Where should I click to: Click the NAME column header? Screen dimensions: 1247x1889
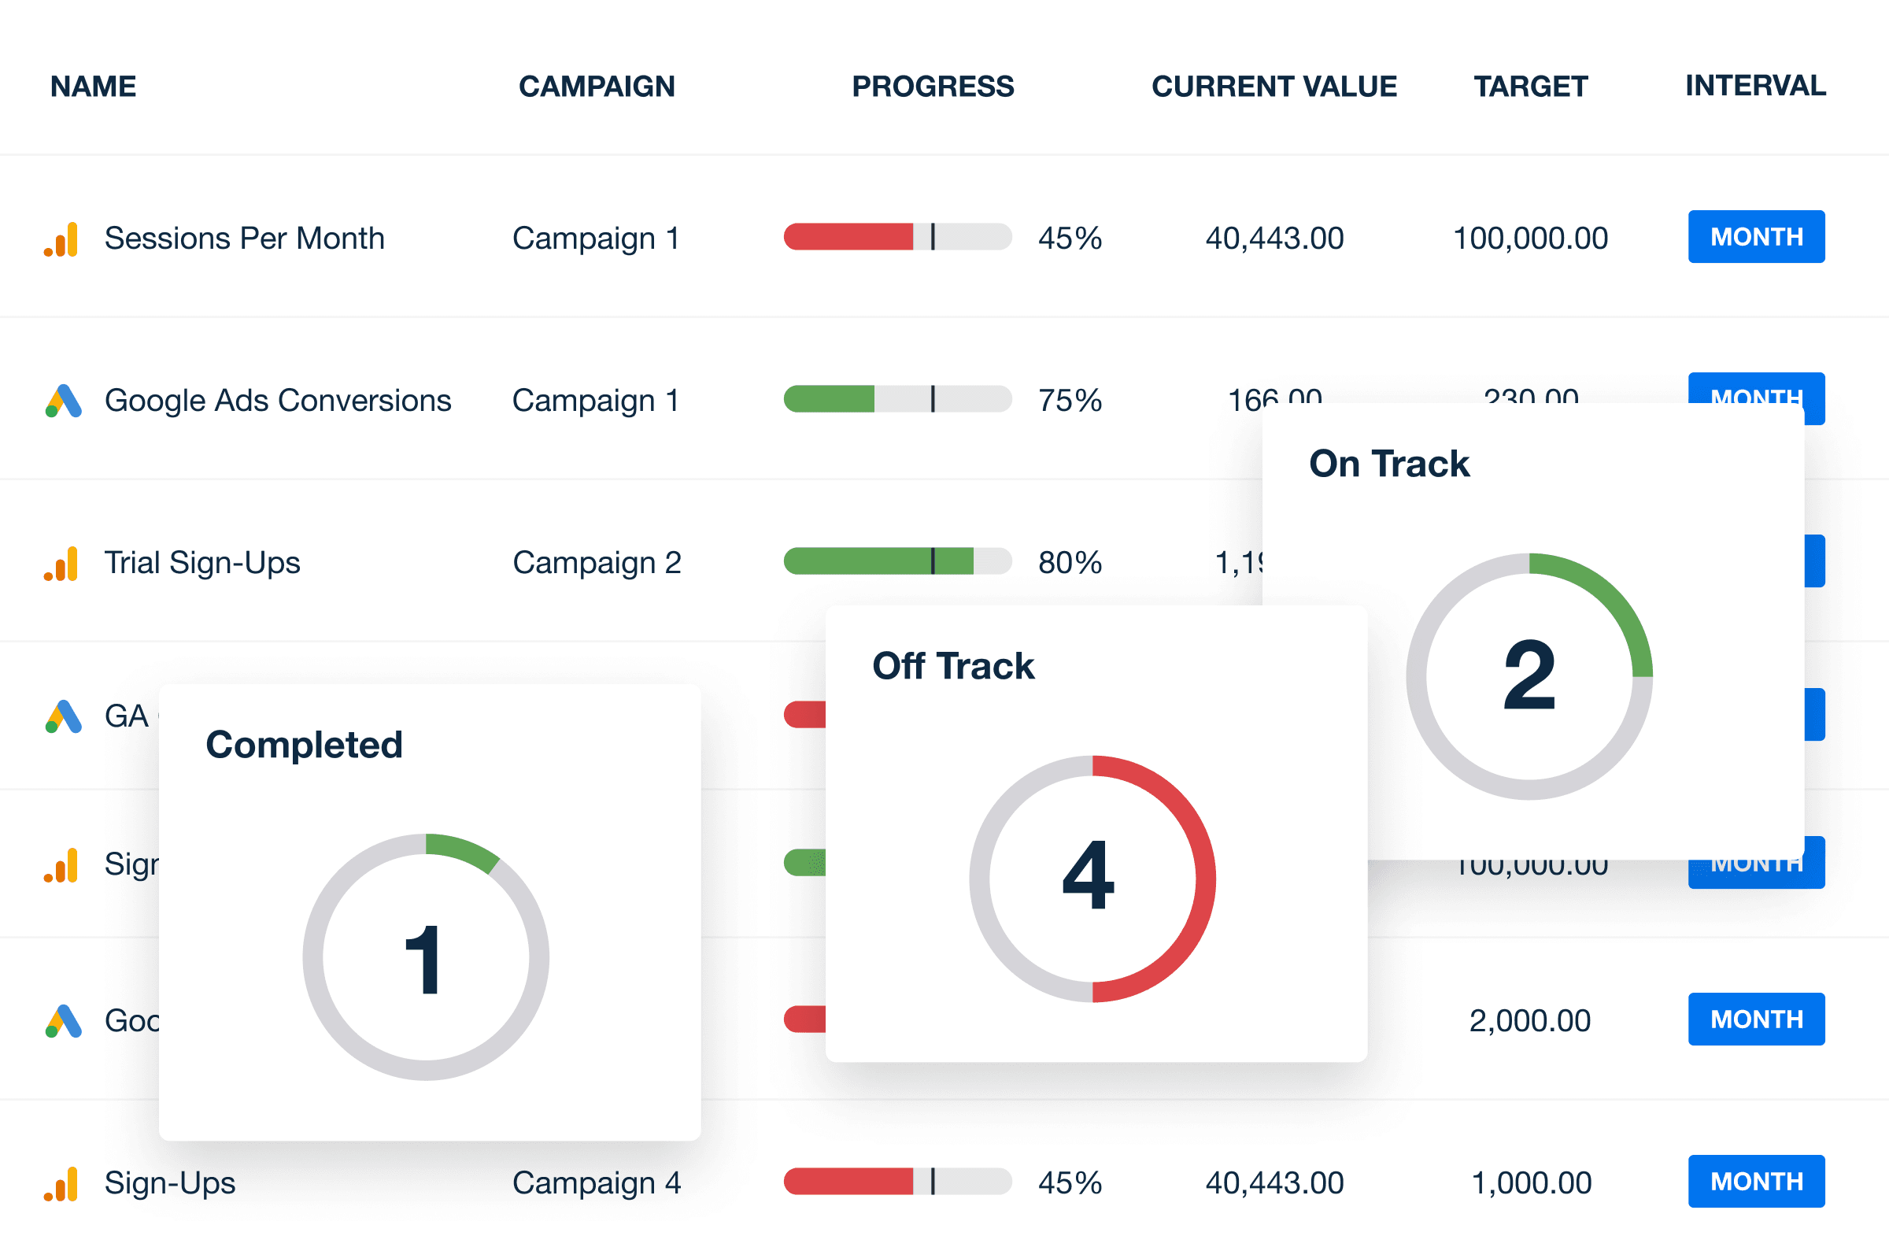pyautogui.click(x=93, y=86)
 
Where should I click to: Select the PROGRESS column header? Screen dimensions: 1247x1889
pyautogui.click(x=933, y=86)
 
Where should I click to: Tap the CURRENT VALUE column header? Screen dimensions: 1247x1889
pyautogui.click(x=1274, y=86)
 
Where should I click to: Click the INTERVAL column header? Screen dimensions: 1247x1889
pyautogui.click(x=1755, y=85)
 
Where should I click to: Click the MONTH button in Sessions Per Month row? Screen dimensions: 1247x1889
pyautogui.click(x=1755, y=237)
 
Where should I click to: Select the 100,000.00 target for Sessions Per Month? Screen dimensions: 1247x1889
pyautogui.click(x=1529, y=239)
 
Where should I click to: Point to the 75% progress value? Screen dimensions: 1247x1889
pyautogui.click(x=1070, y=401)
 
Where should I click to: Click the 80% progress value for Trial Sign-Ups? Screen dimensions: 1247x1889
pyautogui.click(x=1070, y=563)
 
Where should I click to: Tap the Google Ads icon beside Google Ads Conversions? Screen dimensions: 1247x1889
pyautogui.click(x=64, y=401)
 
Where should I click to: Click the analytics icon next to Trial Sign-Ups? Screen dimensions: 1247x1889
pyautogui.click(x=62, y=563)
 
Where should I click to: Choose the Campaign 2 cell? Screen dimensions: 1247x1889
pyautogui.click(x=597, y=563)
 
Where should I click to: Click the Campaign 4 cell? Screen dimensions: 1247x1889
pyautogui.click(x=597, y=1183)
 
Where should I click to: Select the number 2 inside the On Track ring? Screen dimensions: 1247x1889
pyautogui.click(x=1529, y=676)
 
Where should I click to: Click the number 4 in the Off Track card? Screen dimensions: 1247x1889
pyautogui.click(x=1089, y=876)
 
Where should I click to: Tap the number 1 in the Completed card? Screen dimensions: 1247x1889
pyautogui.click(x=423, y=959)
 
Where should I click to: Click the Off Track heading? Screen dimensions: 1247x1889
pyautogui.click(x=952, y=667)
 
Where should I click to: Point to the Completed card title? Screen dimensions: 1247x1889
pyautogui.click(x=304, y=746)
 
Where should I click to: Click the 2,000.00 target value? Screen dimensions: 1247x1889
pyautogui.click(x=1529, y=1021)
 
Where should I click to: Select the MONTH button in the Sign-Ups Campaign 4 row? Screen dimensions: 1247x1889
pyautogui.click(x=1755, y=1182)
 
